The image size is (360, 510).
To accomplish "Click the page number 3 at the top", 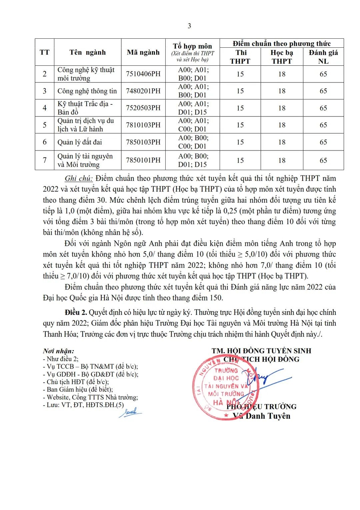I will (x=189, y=26).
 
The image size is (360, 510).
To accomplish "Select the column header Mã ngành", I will (x=143, y=52).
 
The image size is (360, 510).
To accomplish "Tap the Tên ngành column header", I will (x=88, y=52).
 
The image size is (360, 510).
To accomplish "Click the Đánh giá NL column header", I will (x=323, y=57).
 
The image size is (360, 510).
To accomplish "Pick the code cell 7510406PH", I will (x=143, y=74).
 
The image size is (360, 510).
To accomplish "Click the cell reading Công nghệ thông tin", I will (x=87, y=91).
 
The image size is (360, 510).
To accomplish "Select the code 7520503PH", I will (x=143, y=108).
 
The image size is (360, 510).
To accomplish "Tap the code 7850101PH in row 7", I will (x=143, y=160).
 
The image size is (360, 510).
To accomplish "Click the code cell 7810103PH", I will (x=143, y=125).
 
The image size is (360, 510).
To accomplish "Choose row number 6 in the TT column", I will (x=45, y=142).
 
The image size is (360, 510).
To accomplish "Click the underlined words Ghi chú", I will (x=78, y=178).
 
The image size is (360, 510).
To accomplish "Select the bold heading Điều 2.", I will (x=76, y=313).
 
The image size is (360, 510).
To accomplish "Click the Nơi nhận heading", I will (x=59, y=351).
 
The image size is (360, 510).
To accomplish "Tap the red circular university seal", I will (x=225, y=387).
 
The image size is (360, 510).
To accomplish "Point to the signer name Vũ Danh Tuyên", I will (x=262, y=416).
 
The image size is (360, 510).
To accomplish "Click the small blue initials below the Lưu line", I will (x=130, y=413).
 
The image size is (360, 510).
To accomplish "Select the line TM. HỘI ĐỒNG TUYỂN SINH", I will (x=261, y=351).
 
